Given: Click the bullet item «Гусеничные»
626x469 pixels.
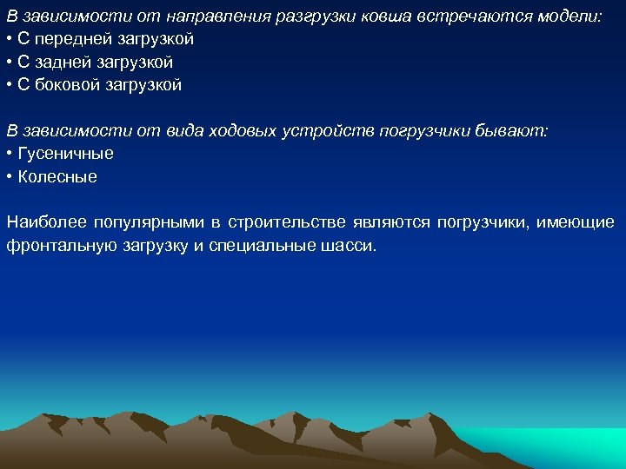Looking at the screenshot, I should tap(65, 154).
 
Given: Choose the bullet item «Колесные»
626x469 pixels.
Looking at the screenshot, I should tap(57, 176).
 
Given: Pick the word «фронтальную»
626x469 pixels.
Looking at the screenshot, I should tap(53, 246).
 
